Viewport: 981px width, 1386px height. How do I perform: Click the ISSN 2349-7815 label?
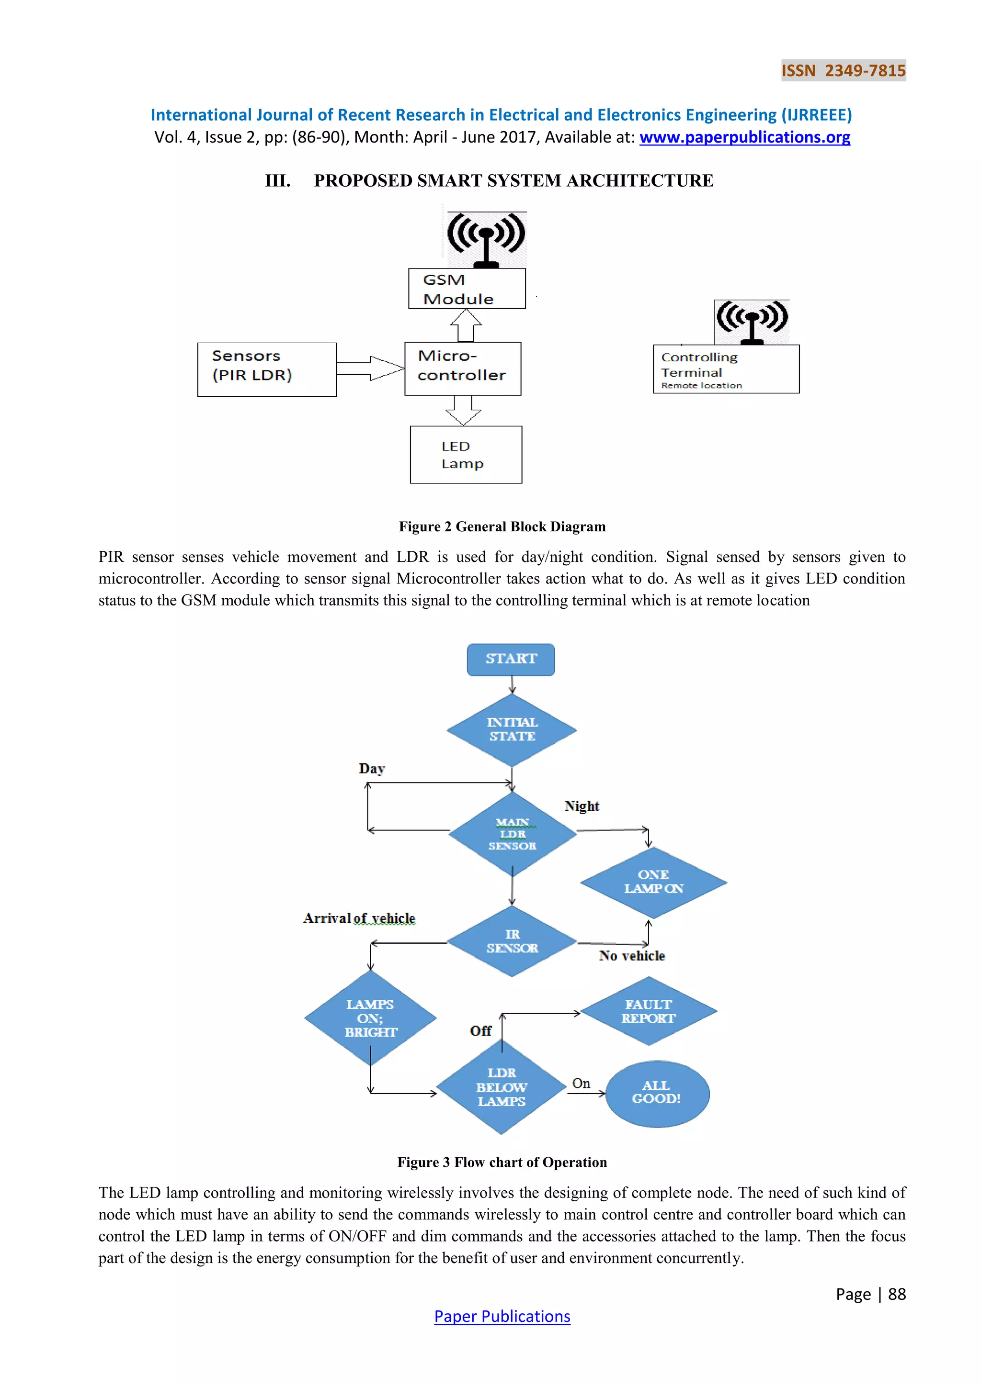843,71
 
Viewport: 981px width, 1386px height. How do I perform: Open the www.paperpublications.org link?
744,138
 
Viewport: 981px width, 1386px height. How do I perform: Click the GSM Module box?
467,289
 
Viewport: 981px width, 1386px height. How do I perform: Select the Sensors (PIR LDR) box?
266,369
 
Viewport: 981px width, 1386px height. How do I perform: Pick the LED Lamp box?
466,455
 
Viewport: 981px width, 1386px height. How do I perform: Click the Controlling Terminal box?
726,369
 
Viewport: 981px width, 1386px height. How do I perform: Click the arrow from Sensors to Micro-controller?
370,368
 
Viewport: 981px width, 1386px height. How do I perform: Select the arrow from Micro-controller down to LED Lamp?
463,411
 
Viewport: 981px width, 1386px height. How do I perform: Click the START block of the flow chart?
511,659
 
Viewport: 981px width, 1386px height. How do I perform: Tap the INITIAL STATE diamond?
512,730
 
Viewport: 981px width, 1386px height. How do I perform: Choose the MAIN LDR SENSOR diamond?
512,834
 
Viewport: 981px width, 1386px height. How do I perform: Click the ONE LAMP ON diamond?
653,882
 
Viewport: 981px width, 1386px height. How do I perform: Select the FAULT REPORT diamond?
648,1011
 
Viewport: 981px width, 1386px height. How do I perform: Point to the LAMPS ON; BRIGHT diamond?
370,1018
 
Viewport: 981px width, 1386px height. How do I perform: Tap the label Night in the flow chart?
581,806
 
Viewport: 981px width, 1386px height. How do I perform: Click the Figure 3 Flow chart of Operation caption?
502,1162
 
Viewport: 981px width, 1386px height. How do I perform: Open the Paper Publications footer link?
502,1317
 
